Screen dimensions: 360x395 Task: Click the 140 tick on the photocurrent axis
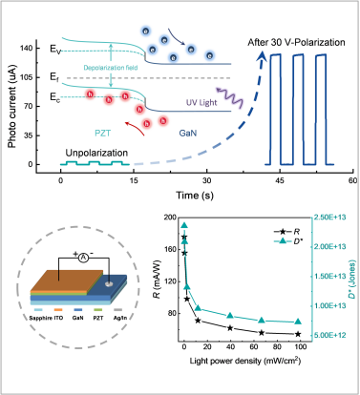pyautogui.click(x=26, y=49)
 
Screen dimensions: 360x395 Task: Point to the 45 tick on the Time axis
pyautogui.click(x=280, y=180)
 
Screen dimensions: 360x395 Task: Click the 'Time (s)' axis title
pyautogui.click(x=195, y=195)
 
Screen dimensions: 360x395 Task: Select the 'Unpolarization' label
pyautogui.click(x=96, y=153)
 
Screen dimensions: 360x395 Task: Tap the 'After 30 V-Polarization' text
pyautogui.click(x=296, y=42)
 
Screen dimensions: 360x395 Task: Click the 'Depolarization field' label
pyautogui.click(x=111, y=68)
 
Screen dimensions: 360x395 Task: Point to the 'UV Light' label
pyautogui.click(x=201, y=102)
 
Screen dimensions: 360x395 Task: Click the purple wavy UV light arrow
pyautogui.click(x=229, y=96)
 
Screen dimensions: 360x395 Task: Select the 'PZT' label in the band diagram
pyautogui.click(x=103, y=133)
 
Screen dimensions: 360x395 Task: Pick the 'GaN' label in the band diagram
pyautogui.click(x=188, y=133)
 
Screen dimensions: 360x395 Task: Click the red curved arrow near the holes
pyautogui.click(x=135, y=127)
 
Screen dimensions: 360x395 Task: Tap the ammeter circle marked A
pyautogui.click(x=83, y=259)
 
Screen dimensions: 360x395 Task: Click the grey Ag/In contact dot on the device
pyautogui.click(x=109, y=284)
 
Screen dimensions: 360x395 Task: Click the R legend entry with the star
pyautogui.click(x=287, y=232)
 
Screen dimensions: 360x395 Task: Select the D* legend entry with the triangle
pyautogui.click(x=287, y=241)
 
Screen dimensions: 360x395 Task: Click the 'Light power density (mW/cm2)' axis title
pyautogui.click(x=245, y=361)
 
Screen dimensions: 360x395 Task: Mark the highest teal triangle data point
pyautogui.click(x=184, y=225)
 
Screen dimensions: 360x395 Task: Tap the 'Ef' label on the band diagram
pyautogui.click(x=54, y=77)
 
